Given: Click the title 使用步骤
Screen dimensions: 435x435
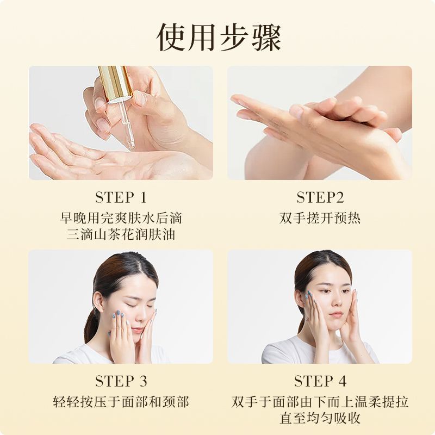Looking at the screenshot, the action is coord(219,37).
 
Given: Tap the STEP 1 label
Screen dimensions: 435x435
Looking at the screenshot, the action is coord(121,197).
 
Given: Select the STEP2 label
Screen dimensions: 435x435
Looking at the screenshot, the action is coord(320,197).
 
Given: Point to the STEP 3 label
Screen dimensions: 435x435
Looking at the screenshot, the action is coord(121,381).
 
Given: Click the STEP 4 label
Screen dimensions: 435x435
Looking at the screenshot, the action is coord(320,381).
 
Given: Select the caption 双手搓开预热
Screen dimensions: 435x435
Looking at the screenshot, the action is coord(320,218).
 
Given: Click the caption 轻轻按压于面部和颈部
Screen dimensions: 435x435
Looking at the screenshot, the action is coord(121,402).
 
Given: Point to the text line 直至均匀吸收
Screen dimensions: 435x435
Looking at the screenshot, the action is coord(320,418).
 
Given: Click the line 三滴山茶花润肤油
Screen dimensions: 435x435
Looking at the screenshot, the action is coord(121,235).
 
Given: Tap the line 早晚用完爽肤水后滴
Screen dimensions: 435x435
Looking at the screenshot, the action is coord(121,218).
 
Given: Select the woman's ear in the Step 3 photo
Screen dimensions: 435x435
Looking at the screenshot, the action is coord(98,302).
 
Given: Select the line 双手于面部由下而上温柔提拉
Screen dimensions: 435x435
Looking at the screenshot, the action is coord(320,402).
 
